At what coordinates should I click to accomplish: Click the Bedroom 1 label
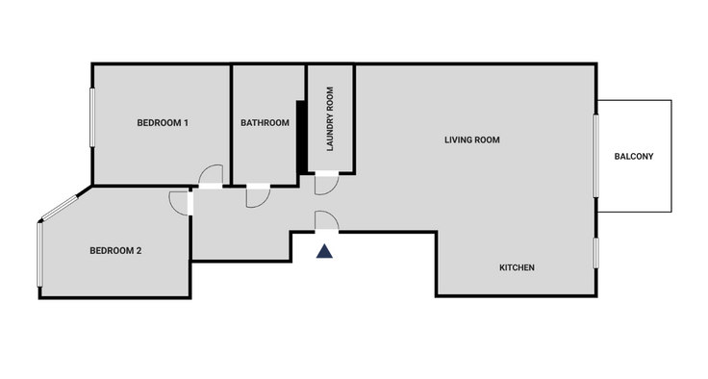coord(163,123)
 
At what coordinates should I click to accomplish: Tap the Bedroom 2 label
coord(115,251)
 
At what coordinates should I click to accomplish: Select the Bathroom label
coord(265,123)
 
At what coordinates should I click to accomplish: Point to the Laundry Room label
coord(330,119)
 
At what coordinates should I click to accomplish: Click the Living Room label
coord(472,140)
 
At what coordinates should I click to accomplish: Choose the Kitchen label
coord(517,267)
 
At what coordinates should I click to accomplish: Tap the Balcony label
coord(634,156)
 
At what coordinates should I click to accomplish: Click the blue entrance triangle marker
coord(324,251)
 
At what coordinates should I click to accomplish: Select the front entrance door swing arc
coord(332,215)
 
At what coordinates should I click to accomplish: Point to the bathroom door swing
coord(264,203)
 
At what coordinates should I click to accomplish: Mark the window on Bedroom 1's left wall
coord(92,117)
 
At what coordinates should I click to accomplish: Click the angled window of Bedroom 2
coord(60,208)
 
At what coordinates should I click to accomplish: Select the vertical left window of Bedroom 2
coord(39,254)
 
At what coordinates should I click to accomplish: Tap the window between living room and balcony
coord(596,156)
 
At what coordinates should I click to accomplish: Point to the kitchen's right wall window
coord(596,253)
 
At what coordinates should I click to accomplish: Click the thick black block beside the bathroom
coord(301,137)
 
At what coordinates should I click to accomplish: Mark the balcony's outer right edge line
coord(671,156)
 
